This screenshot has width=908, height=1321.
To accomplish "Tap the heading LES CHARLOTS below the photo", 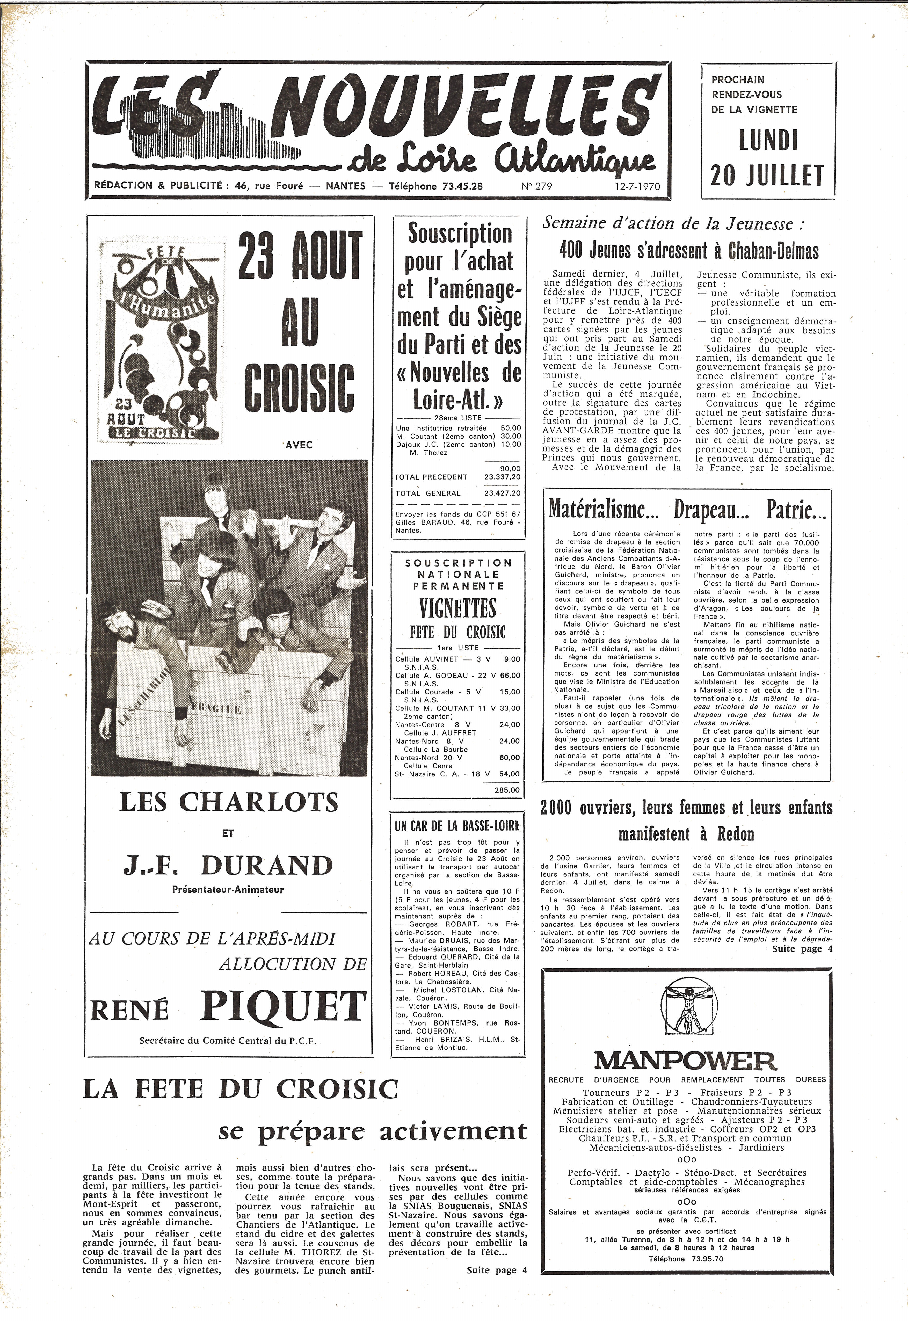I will [x=229, y=802].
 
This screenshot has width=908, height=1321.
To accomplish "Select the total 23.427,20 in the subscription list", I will [x=502, y=493].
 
